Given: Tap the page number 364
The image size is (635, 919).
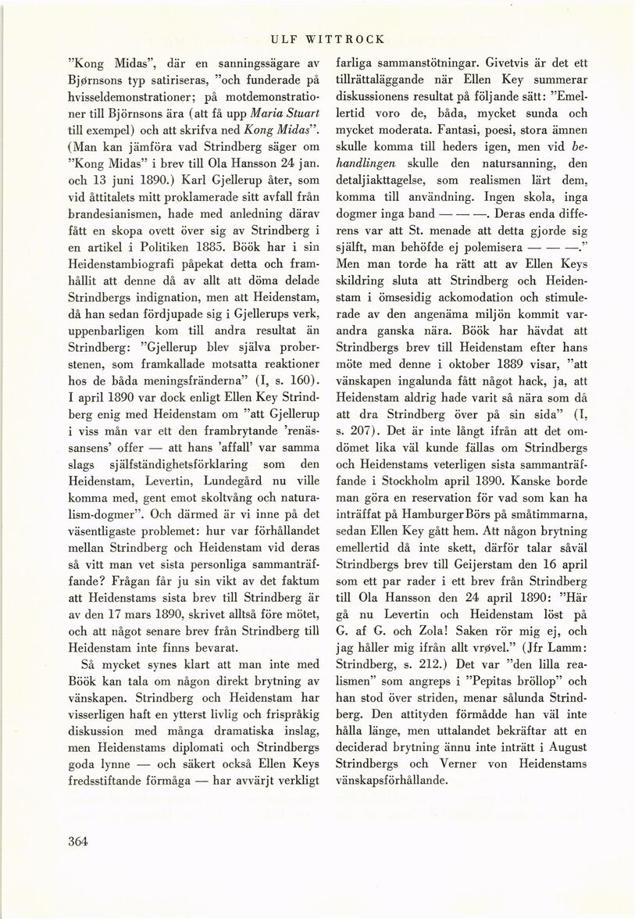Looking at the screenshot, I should click(x=80, y=841).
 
